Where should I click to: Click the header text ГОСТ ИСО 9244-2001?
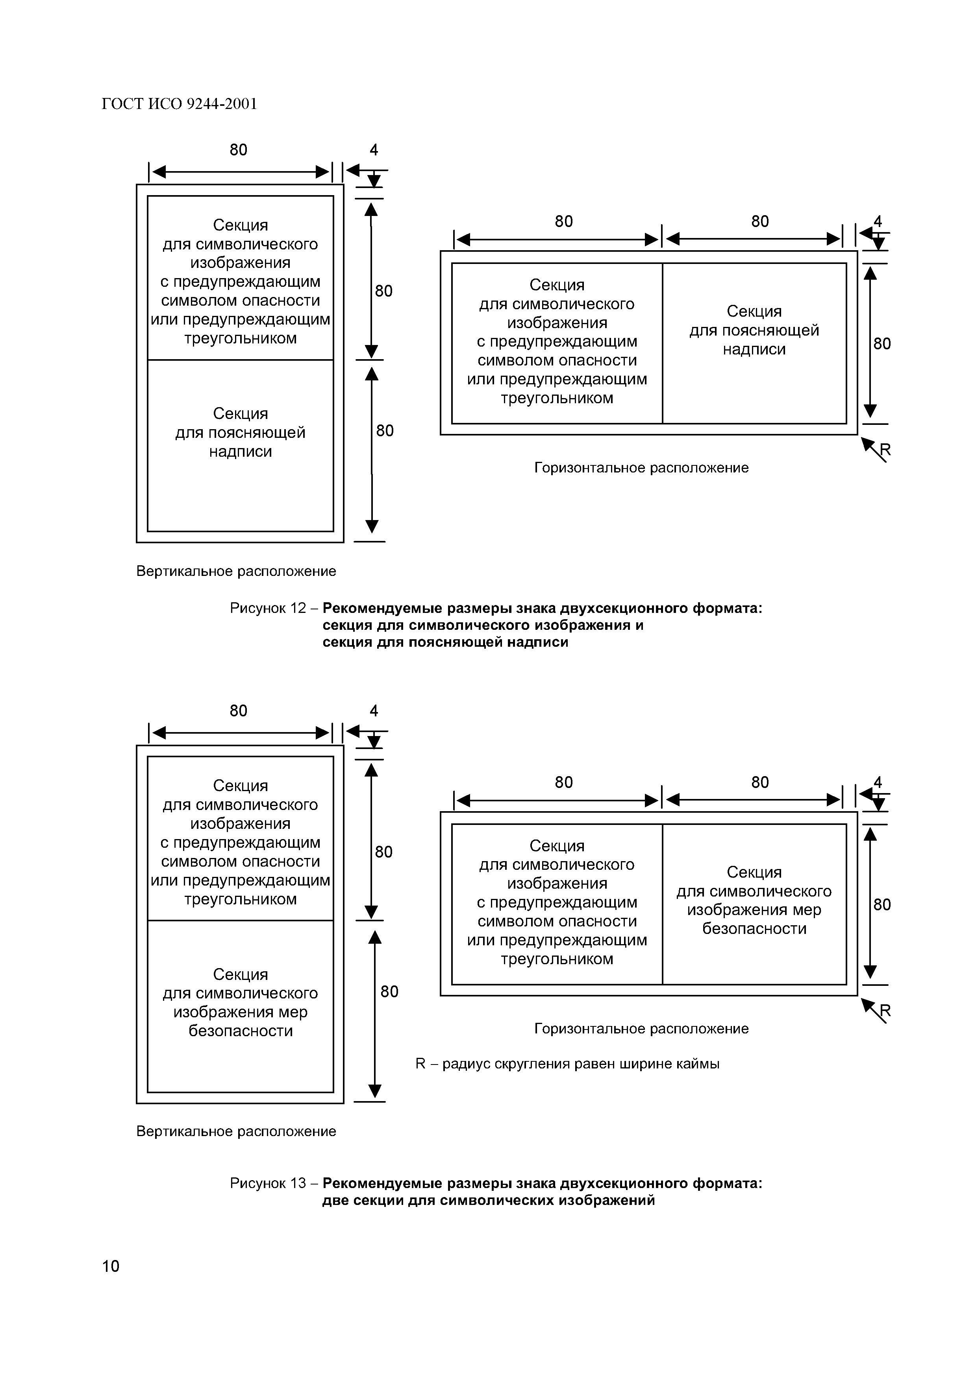pos(179,105)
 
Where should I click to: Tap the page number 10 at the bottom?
pos(111,1266)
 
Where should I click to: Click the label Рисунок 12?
pos(268,608)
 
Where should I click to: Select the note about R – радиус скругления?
pos(567,1064)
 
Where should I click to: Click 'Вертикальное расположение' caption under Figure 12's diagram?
pos(236,571)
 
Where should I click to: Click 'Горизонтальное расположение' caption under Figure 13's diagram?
pos(641,1028)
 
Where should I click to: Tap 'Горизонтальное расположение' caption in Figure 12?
pos(641,468)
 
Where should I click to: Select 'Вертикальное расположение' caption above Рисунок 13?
pos(236,1131)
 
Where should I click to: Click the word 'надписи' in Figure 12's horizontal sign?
pos(754,349)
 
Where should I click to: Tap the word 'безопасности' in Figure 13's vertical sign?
pos(241,1031)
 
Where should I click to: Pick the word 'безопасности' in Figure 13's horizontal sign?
pos(754,929)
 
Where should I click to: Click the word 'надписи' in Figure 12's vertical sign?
pos(241,451)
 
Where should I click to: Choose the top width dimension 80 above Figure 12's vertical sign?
pos(238,149)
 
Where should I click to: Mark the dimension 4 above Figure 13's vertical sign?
pos(374,711)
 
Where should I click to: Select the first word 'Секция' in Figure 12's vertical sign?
pos(241,225)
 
